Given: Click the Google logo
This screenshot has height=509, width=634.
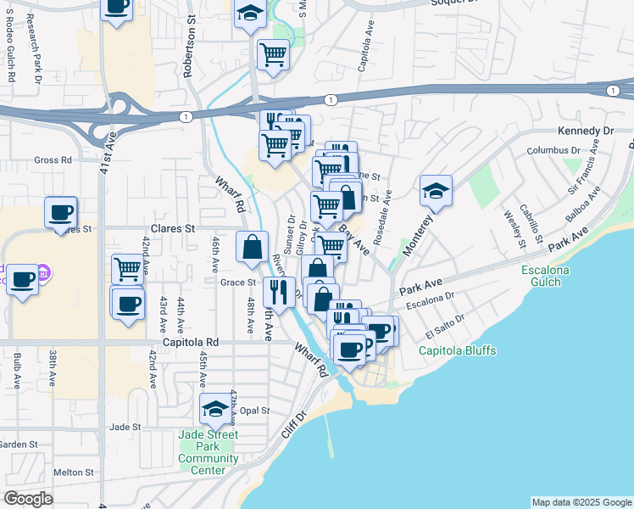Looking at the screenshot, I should point(29,499).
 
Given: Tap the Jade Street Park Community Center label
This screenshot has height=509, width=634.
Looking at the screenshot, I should point(209,453).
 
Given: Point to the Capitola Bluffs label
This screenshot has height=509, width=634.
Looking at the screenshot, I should point(458,350).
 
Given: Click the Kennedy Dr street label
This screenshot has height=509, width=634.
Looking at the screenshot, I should point(585,131).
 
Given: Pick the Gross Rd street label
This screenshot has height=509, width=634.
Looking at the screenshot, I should point(53,159).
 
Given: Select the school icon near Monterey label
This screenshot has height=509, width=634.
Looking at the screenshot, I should point(436,191).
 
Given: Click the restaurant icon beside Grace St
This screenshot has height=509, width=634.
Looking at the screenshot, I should point(279,293).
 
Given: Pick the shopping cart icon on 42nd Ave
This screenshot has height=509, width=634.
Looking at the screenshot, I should point(127,269).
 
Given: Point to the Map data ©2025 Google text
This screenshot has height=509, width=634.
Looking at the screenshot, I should point(581,502).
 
